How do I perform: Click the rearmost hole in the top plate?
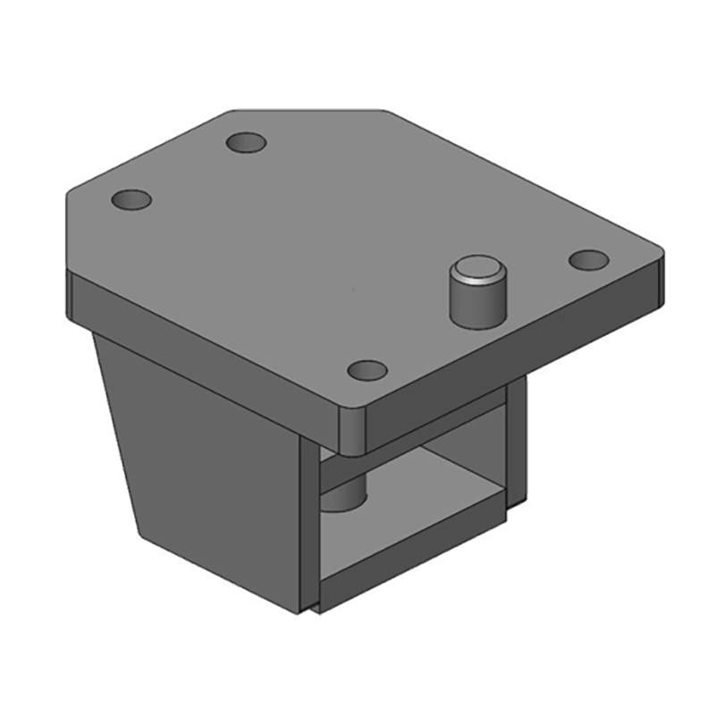coord(247,142)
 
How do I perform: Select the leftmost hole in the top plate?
coord(130,198)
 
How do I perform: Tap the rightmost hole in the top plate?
coord(589,260)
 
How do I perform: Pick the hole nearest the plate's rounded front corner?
coord(366,369)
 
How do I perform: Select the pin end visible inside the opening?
coord(344,497)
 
